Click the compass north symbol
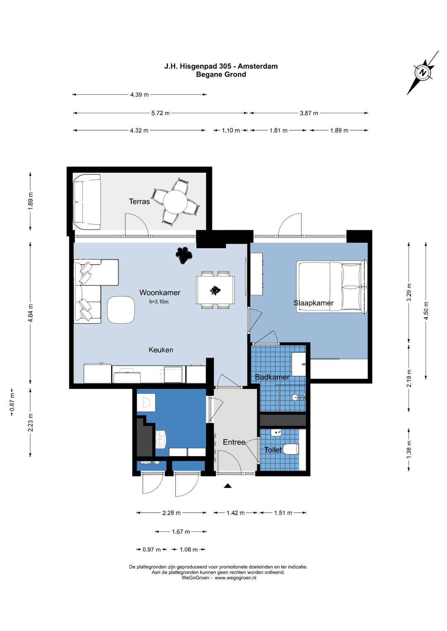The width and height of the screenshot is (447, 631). tap(423, 72)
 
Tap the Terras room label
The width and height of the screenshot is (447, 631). tap(139, 201)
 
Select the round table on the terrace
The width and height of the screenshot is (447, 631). tap(175, 202)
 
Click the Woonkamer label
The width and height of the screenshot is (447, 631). tap(160, 292)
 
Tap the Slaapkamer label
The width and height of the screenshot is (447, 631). tap(313, 303)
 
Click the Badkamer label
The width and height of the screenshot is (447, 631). tap(272, 377)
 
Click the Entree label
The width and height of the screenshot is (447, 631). tap(234, 442)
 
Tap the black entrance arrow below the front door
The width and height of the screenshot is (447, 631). tap(228, 485)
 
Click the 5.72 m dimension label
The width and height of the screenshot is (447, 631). tap(161, 113)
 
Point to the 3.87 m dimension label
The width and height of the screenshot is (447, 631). tap(309, 113)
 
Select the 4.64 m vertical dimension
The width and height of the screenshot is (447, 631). tap(31, 313)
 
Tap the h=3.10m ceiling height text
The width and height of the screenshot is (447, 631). tap(159, 302)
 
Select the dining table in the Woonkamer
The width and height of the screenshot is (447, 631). tap(215, 290)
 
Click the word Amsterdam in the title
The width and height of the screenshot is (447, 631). tap(257, 66)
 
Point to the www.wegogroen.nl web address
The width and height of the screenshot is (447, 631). tap(236, 578)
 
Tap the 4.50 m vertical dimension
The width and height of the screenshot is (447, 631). tap(426, 311)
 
